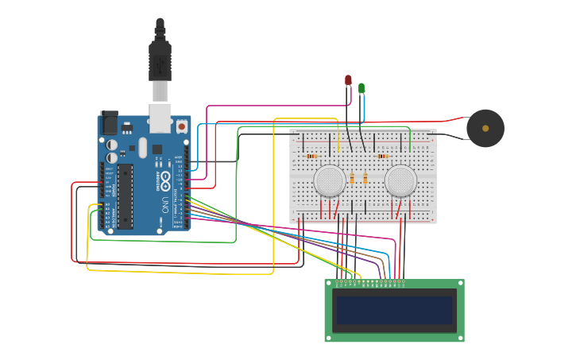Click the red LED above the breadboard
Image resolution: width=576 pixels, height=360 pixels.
[x=348, y=80]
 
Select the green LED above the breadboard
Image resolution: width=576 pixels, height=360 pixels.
[x=361, y=87]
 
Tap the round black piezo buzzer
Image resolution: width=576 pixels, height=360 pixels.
[x=485, y=128]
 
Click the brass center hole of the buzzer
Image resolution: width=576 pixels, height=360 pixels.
[x=485, y=128]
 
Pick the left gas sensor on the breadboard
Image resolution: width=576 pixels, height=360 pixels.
[x=330, y=181]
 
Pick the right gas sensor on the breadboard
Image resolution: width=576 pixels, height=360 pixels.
[x=400, y=181]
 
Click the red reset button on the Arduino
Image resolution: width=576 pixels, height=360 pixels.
[x=181, y=126]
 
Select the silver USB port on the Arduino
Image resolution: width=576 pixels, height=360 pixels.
[x=160, y=118]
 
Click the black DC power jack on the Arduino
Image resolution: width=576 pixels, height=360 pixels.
[x=110, y=122]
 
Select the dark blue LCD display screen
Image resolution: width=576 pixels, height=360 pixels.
[x=394, y=310]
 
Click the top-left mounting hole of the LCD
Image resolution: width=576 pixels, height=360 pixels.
[x=329, y=284]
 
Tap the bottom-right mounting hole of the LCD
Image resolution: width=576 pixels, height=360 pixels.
[x=460, y=338]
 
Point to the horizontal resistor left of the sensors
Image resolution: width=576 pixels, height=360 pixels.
[x=311, y=157]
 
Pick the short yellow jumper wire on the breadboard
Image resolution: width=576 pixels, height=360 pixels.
[x=339, y=143]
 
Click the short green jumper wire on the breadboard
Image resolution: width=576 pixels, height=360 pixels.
[x=410, y=143]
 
